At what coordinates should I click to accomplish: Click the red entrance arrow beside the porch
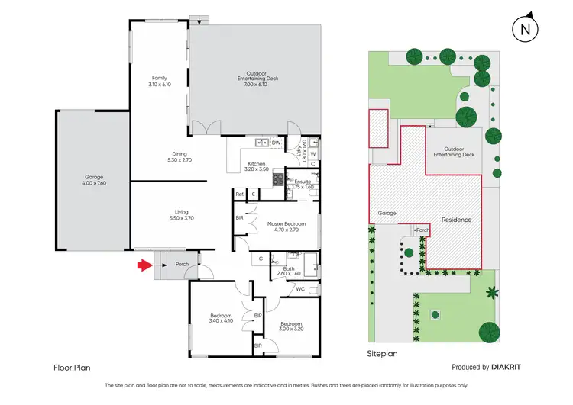tap(143, 265)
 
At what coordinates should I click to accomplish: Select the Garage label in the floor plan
tap(92, 179)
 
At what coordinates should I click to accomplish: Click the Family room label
tap(159, 78)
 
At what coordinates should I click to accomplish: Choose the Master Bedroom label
tap(286, 224)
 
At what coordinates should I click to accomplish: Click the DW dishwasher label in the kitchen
tap(276, 143)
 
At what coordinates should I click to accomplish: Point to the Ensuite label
tap(303, 182)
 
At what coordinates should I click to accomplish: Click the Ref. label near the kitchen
tap(239, 194)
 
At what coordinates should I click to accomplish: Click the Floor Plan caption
tap(72, 367)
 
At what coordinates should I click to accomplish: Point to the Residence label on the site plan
tap(455, 220)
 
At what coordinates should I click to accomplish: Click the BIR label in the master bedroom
tap(240, 217)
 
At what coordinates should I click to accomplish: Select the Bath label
tap(289, 268)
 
